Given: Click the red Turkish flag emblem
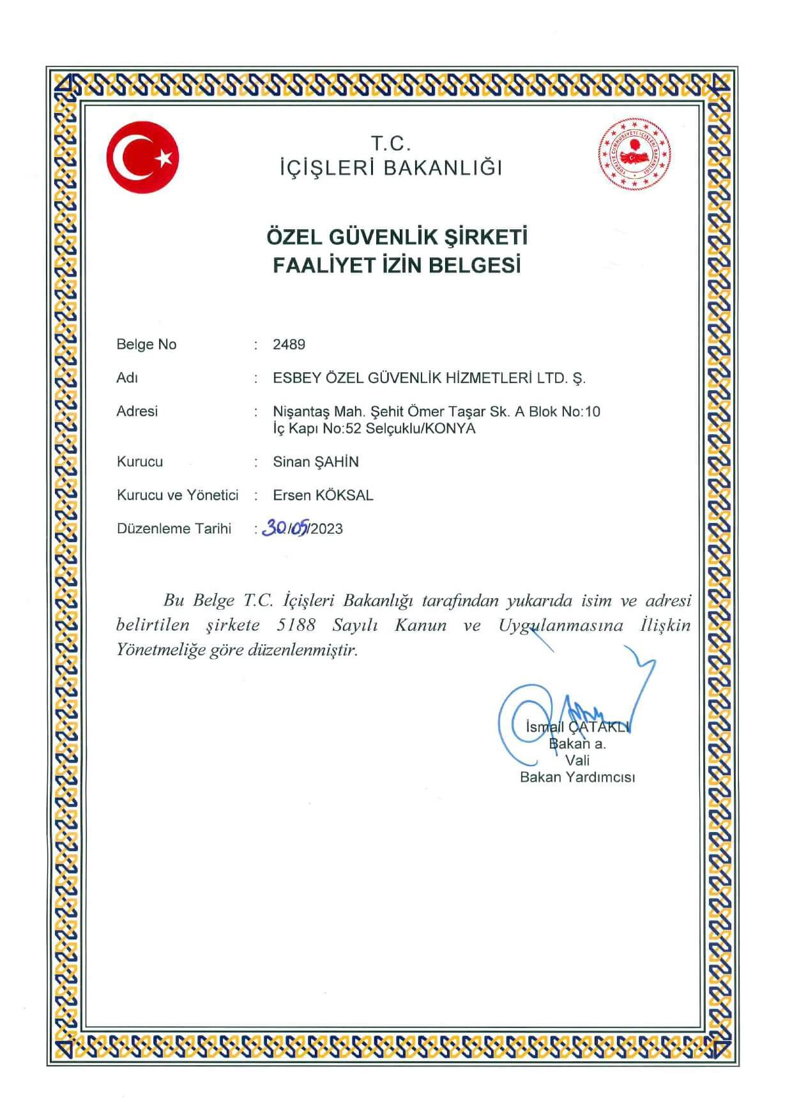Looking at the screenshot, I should click(x=142, y=157).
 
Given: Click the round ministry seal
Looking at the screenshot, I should click(x=634, y=155).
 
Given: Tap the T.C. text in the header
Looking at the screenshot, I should click(x=391, y=144).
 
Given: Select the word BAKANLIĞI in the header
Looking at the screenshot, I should click(x=443, y=168).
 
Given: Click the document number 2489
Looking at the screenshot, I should click(x=289, y=345).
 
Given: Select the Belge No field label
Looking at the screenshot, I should click(x=146, y=345).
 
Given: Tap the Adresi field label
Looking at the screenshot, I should click(x=137, y=411).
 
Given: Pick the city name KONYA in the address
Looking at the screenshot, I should click(x=450, y=428).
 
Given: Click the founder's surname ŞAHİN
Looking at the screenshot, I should click(x=336, y=462).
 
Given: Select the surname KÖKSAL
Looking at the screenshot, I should click(x=344, y=496).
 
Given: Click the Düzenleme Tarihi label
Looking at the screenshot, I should click(x=174, y=529).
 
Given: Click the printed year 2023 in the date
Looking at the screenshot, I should click(x=327, y=529).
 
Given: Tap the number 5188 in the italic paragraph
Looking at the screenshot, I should click(x=296, y=625).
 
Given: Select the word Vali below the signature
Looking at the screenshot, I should click(x=577, y=761).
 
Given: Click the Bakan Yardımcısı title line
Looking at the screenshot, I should click(x=577, y=777).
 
